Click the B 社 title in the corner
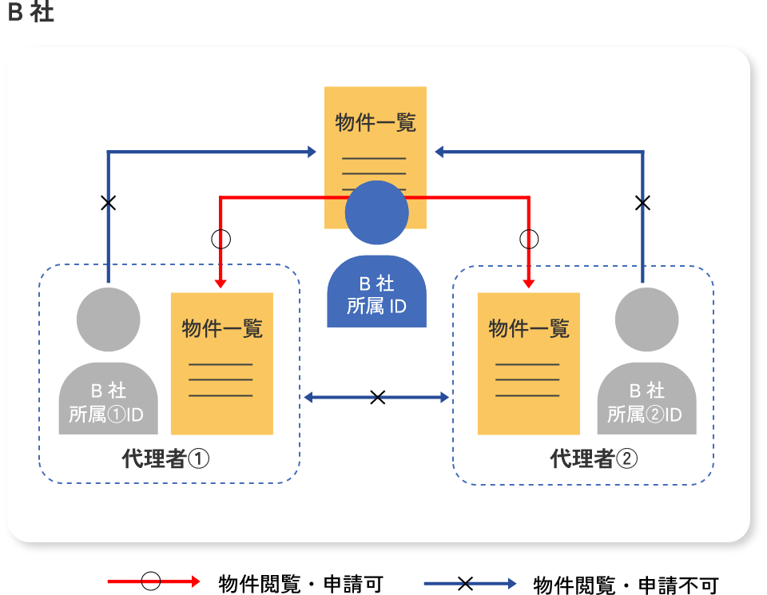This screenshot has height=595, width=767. click(x=30, y=14)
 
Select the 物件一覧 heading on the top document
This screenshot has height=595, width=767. click(x=376, y=123)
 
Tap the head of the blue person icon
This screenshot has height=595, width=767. click(x=376, y=212)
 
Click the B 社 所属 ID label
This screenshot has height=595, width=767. click(x=376, y=296)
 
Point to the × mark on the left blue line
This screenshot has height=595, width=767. click(x=109, y=203)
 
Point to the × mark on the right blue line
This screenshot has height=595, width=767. click(x=642, y=203)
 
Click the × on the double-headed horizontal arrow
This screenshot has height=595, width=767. click(x=378, y=397)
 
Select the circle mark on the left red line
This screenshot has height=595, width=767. click(x=220, y=238)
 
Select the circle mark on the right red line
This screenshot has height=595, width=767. click(x=529, y=238)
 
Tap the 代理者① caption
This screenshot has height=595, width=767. click(x=166, y=458)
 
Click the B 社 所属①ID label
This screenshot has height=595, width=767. click(x=108, y=403)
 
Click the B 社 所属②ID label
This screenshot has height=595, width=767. click(x=646, y=403)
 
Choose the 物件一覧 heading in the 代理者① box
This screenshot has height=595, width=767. click(x=222, y=328)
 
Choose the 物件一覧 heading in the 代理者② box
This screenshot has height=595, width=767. click(x=529, y=328)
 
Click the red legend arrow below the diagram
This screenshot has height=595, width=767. click(x=153, y=582)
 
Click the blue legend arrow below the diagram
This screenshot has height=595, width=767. click(x=470, y=583)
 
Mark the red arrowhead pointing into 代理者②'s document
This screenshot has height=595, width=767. click(x=529, y=283)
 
